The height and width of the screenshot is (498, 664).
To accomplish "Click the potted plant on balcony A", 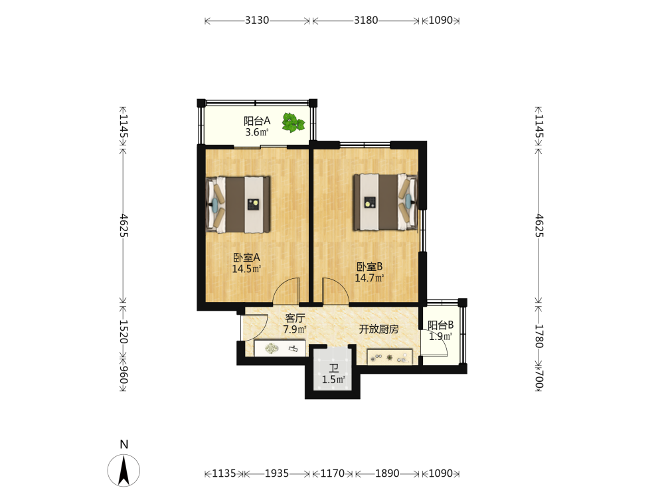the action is (x=293, y=123).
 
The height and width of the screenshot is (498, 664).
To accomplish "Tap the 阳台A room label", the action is (x=256, y=121).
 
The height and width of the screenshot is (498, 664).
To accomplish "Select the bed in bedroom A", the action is (x=238, y=205).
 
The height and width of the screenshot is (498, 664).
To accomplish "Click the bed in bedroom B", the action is (x=385, y=202).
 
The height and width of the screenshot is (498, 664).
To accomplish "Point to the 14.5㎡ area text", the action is (x=246, y=269).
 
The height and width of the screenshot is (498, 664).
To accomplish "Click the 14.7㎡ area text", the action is (x=369, y=278).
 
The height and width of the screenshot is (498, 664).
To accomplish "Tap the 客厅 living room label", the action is (x=295, y=318).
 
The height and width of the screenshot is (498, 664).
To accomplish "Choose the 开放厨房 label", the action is (x=378, y=329).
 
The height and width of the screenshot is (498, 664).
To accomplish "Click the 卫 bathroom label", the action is (x=334, y=369).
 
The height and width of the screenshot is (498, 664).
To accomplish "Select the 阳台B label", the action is (x=440, y=325).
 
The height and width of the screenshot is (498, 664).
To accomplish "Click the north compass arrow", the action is (x=124, y=470).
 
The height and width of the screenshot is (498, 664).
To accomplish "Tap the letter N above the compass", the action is (x=124, y=444).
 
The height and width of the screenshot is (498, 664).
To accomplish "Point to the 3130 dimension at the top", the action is (x=256, y=21).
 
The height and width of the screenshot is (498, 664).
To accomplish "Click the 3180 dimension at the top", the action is (x=366, y=21).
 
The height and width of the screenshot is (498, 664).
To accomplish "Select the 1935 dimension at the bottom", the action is (x=276, y=473).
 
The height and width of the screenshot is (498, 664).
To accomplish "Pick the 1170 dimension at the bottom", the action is (x=333, y=473).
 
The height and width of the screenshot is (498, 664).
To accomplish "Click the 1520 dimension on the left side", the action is (x=124, y=331).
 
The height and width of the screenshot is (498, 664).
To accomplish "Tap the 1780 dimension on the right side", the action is (x=539, y=336).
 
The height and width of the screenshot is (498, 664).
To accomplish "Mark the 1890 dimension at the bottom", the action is (x=387, y=473).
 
